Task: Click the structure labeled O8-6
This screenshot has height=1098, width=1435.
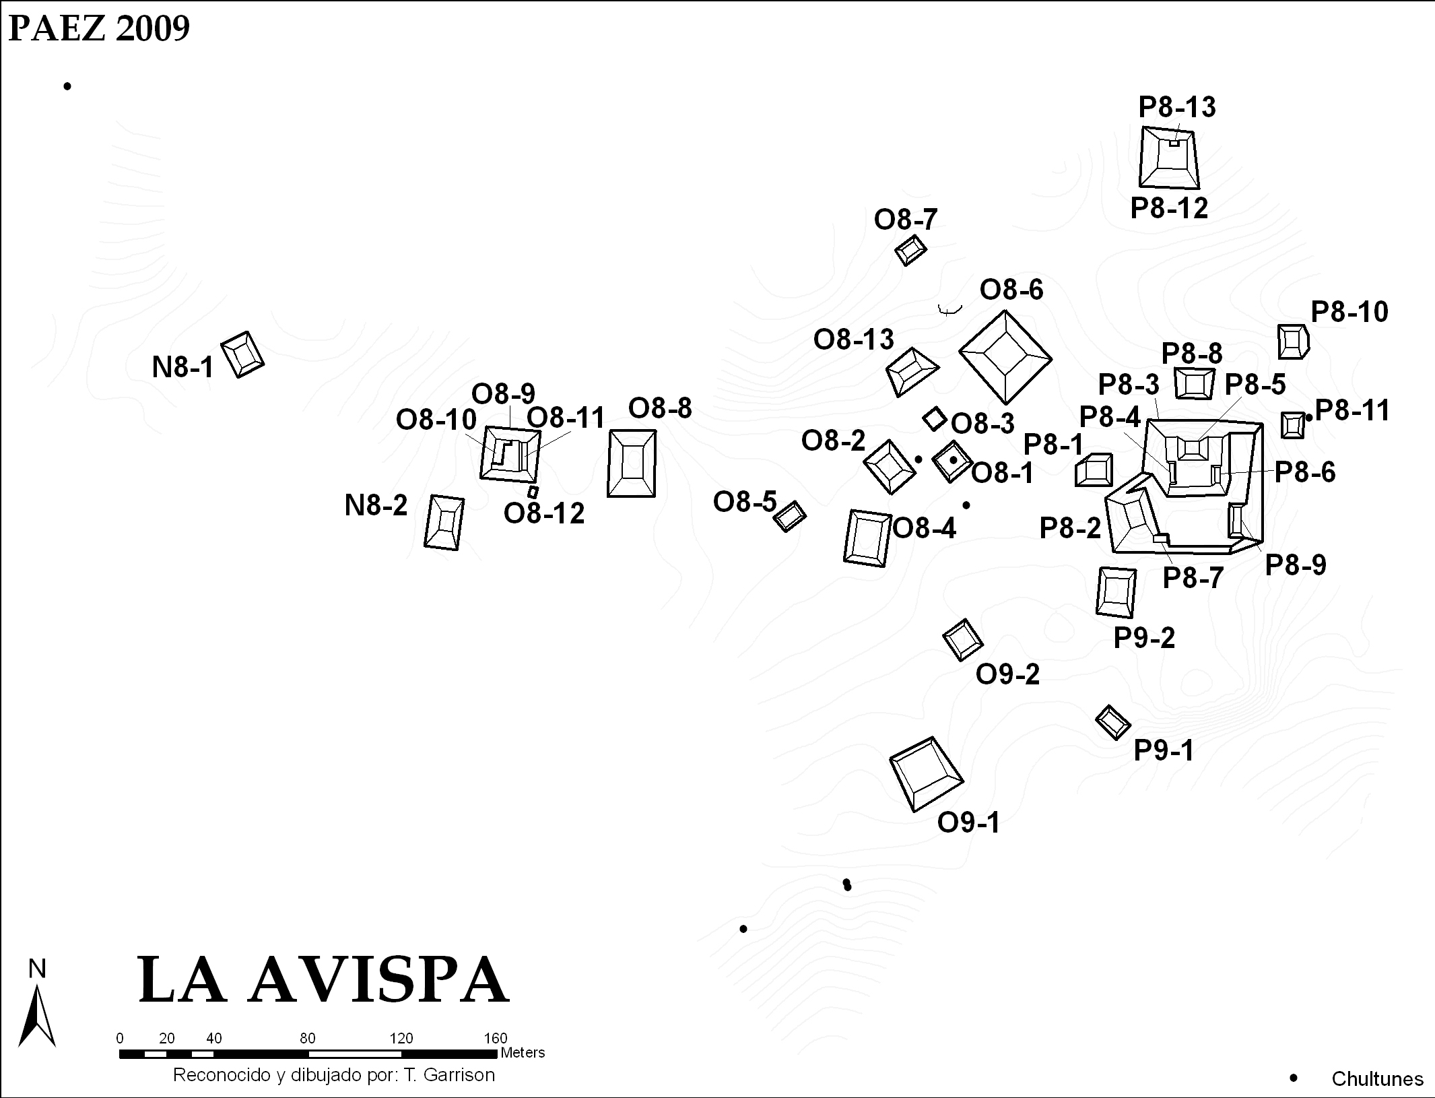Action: pyautogui.click(x=1005, y=357)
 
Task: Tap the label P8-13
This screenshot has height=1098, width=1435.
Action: pyautogui.click(x=1177, y=107)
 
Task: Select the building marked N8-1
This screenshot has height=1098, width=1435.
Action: pyautogui.click(x=242, y=354)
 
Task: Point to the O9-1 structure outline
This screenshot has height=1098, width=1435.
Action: pyautogui.click(x=927, y=773)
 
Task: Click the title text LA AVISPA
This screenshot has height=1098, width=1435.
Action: pyautogui.click(x=323, y=980)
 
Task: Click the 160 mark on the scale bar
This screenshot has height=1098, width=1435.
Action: pyautogui.click(x=496, y=1038)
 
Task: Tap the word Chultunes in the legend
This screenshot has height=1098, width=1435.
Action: pyautogui.click(x=1377, y=1079)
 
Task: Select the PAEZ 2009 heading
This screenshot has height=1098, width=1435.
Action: pyautogui.click(x=100, y=29)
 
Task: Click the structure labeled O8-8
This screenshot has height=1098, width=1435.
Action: pyautogui.click(x=632, y=463)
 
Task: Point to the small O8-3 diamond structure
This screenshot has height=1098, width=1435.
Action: pyautogui.click(x=934, y=418)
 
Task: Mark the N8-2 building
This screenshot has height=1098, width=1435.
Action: pyautogui.click(x=444, y=523)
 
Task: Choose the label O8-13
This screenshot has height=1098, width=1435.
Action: pyautogui.click(x=853, y=340)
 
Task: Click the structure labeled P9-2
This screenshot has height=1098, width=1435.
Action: pyautogui.click(x=1116, y=592)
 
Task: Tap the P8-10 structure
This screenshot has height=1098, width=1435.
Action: pyautogui.click(x=1293, y=342)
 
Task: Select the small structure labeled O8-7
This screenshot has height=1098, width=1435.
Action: pyautogui.click(x=910, y=251)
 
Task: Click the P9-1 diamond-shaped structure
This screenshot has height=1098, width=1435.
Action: pyautogui.click(x=1113, y=722)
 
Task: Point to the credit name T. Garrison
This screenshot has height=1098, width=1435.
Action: pyautogui.click(x=450, y=1075)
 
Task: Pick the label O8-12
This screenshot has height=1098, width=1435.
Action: pyautogui.click(x=544, y=513)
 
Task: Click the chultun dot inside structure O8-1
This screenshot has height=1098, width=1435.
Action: pyautogui.click(x=953, y=460)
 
